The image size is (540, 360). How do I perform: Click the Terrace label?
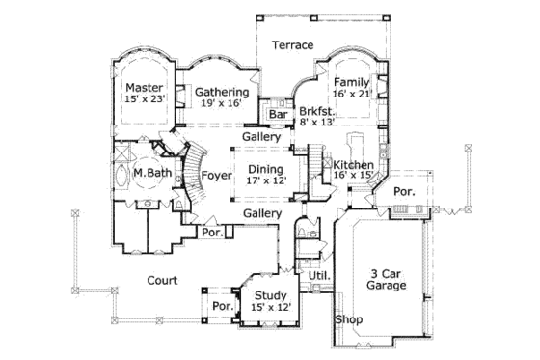[291, 45]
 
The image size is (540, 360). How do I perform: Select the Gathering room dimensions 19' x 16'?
[223, 106]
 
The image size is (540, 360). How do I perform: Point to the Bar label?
[279, 115]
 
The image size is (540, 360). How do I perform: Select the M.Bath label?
[152, 174]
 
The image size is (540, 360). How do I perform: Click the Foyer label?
[214, 175]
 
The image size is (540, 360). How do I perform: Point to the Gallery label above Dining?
[261, 137]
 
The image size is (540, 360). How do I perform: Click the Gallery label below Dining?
[261, 212]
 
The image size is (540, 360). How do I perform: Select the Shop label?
[347, 318]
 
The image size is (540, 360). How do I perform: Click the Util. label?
[319, 276]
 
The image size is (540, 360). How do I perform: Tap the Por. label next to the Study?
[223, 306]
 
